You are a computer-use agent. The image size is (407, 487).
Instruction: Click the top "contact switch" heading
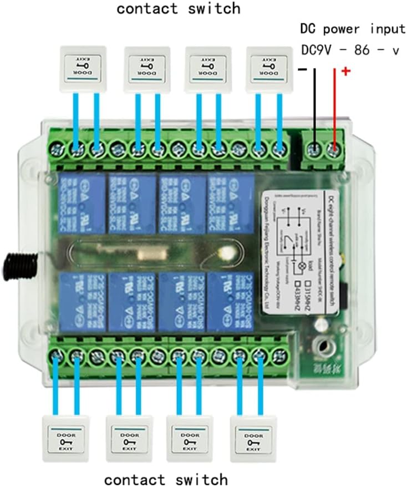pos(179,8)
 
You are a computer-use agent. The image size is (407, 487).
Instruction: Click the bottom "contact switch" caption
pos(166,479)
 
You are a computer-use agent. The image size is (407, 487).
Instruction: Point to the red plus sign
pos(346,72)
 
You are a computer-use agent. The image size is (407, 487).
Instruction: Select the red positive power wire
pos(334,105)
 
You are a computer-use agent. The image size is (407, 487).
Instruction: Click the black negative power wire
pos(314,105)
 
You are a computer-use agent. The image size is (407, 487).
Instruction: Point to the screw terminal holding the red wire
pos(334,149)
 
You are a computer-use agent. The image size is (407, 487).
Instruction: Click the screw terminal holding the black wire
pos(314,149)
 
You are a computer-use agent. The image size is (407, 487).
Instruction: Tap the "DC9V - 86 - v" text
pos(350,50)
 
